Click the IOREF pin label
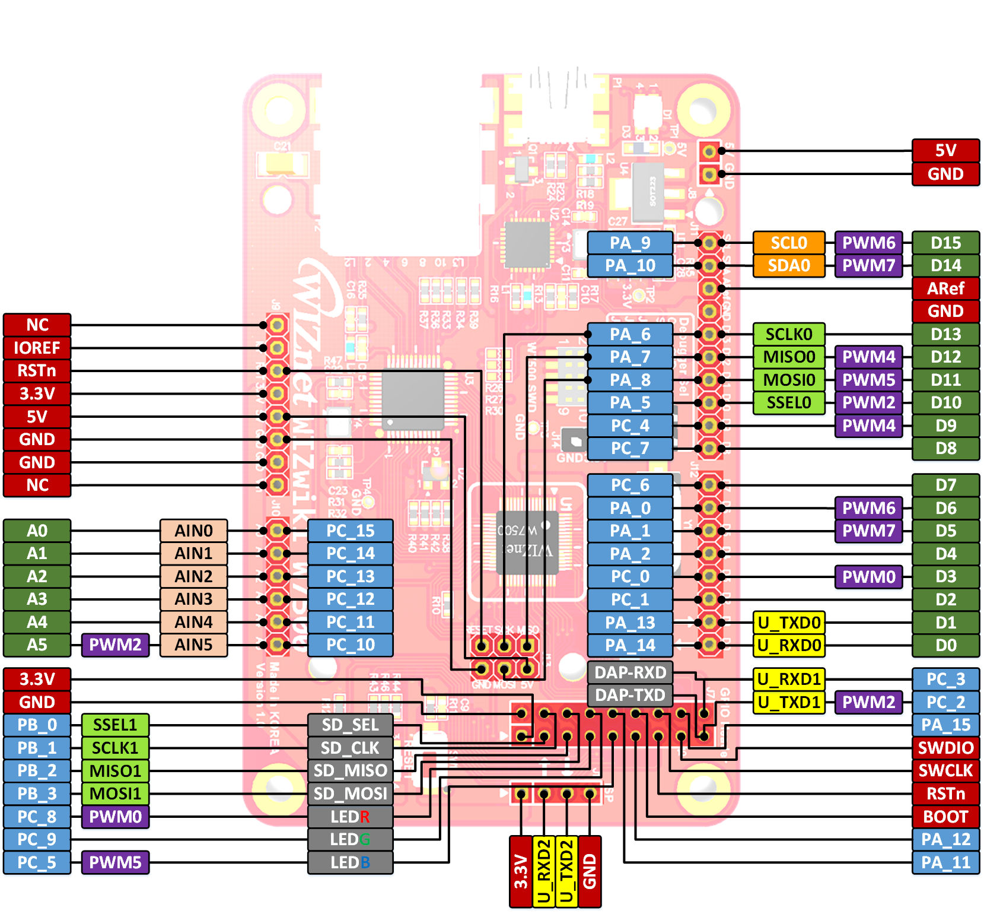point(37,348)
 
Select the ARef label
point(945,288)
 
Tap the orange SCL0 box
point(788,243)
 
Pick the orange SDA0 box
point(788,265)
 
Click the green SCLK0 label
point(788,335)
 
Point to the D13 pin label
point(945,335)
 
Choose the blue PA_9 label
point(629,243)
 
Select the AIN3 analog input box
point(193,599)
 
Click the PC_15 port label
point(350,531)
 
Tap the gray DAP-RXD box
point(629,672)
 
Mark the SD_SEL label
point(350,725)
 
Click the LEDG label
point(350,840)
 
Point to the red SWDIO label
point(945,748)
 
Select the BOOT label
point(945,817)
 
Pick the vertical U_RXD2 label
point(544,871)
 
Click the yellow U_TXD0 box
point(788,623)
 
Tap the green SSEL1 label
point(115,725)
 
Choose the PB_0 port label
point(37,725)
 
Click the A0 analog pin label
point(37,531)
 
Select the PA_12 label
point(945,840)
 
